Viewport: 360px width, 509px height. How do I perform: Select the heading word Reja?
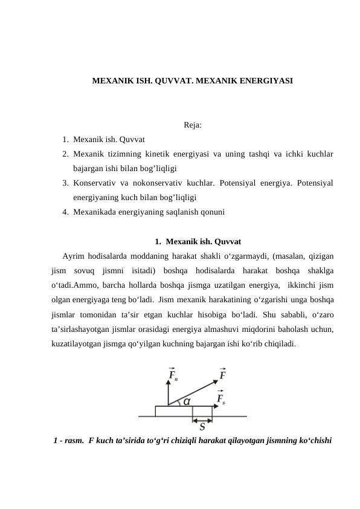(192, 126)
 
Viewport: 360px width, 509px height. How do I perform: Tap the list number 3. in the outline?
(65, 183)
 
